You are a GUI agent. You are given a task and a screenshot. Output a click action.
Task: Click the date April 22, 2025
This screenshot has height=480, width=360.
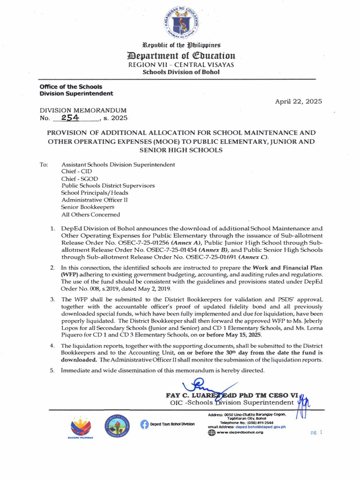tap(299, 101)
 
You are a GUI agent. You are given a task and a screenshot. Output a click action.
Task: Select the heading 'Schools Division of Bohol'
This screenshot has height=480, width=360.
tap(180, 72)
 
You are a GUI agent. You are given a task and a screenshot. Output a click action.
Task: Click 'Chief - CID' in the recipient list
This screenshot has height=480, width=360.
tap(77, 172)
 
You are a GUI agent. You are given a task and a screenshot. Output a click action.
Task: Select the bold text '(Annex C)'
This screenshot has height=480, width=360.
tap(253, 257)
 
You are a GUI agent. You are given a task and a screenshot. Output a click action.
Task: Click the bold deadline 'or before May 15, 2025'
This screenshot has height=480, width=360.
tap(225, 335)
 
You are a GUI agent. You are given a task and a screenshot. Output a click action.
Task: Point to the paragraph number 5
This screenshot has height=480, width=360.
tap(52, 370)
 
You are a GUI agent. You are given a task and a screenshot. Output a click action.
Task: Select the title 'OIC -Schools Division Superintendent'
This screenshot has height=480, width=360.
tap(232, 403)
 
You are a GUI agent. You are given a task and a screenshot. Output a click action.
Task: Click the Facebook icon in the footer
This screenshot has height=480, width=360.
tap(144, 424)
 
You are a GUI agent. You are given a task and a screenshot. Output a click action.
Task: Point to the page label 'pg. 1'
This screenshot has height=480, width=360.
tap(316, 432)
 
